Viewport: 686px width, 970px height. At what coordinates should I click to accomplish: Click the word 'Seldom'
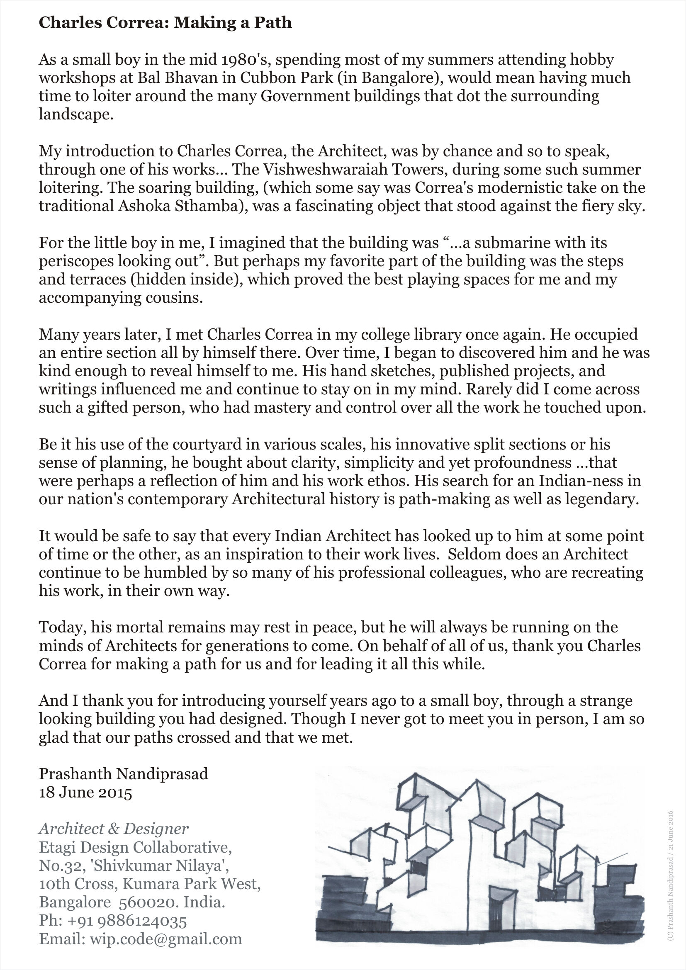pyautogui.click(x=474, y=554)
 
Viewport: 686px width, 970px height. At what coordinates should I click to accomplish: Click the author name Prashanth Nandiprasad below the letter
pyautogui.click(x=123, y=774)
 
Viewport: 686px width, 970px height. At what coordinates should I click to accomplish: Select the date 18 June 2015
pyautogui.click(x=85, y=792)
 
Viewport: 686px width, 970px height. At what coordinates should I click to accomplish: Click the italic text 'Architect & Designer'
pyautogui.click(x=114, y=829)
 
